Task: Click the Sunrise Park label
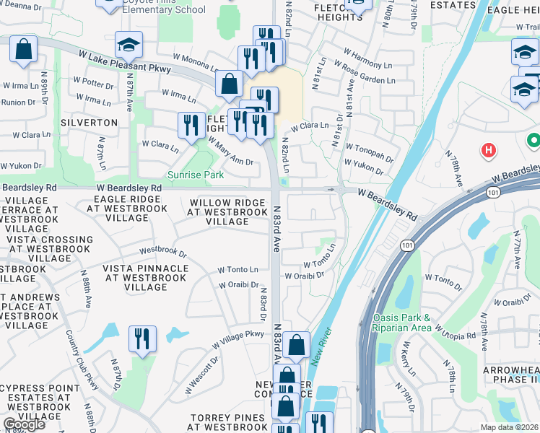[196, 175]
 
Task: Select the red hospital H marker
[489, 150]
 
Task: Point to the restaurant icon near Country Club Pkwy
[141, 338]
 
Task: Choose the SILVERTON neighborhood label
[89, 123]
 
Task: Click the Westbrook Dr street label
[162, 253]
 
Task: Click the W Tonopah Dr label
[368, 154]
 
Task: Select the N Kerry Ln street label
[409, 358]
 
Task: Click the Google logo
[24, 424]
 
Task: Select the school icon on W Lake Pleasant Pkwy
[129, 46]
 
